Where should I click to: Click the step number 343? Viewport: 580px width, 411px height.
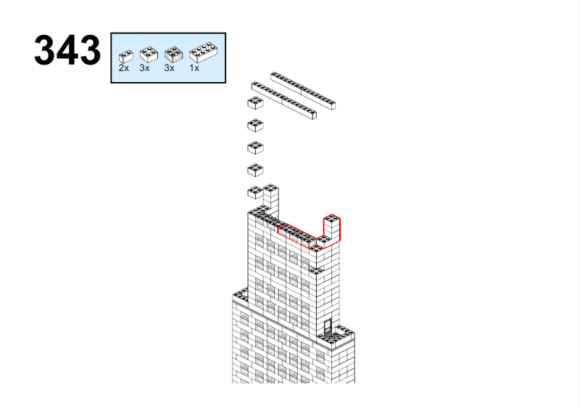pos(67,50)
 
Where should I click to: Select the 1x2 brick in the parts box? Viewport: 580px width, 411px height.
pos(125,56)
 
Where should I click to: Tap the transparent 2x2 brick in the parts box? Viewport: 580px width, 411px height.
pos(173,54)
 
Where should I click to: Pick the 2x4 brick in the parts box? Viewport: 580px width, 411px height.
pos(203,52)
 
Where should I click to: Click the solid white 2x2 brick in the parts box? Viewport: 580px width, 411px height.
pos(149,54)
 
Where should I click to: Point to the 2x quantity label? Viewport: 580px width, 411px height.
pos(124,68)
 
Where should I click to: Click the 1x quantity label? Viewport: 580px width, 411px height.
pos(194,68)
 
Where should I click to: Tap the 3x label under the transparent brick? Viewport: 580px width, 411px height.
pos(170,68)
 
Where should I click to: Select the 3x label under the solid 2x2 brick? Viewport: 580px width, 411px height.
pos(144,68)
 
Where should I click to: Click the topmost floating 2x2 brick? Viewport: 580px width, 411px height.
pos(255,103)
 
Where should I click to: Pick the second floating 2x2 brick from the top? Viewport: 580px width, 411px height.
pos(255,126)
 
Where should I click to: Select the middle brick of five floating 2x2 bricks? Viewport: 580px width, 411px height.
pos(255,147)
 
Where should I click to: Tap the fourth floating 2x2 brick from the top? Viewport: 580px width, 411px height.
pos(255,170)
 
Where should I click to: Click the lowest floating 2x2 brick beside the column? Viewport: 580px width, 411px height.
pos(255,192)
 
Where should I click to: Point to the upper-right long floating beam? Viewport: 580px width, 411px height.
pos(303,91)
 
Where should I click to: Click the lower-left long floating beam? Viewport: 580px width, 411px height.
pos(283,100)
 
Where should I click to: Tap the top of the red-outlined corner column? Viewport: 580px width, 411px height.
pos(332,219)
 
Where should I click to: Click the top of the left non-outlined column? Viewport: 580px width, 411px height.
pos(270,188)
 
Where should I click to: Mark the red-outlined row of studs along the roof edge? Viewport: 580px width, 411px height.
pos(297,235)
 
